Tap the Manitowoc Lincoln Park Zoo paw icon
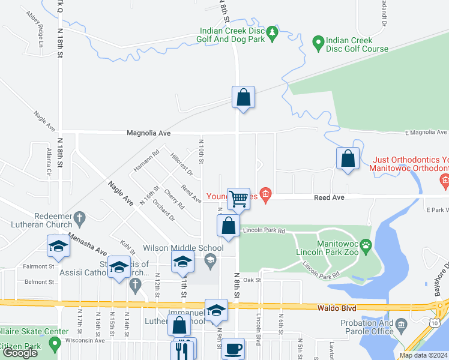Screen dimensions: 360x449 [x=365, y=245]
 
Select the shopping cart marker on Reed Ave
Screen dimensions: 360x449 [x=238, y=199]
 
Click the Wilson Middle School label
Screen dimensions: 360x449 [x=183, y=248]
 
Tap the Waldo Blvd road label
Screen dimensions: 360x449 [x=337, y=308]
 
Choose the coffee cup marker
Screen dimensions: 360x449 [x=233, y=349]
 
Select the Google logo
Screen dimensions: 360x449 [x=20, y=353]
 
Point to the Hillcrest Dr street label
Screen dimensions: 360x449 [x=181, y=163]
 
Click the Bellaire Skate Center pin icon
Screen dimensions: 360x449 [x=55, y=345]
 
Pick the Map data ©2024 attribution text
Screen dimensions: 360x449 [x=423, y=355]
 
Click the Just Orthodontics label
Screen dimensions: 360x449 [x=411, y=160]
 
